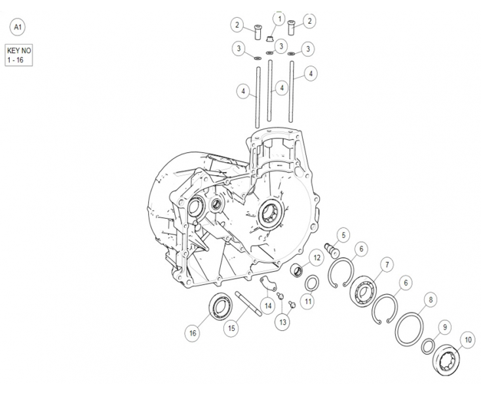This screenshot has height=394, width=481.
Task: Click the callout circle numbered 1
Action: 280,19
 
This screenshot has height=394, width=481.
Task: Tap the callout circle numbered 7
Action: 387,265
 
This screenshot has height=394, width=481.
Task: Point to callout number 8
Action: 430,299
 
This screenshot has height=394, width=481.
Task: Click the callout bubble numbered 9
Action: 445,327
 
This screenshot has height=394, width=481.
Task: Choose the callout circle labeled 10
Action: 467,340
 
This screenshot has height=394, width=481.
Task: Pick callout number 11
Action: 309,301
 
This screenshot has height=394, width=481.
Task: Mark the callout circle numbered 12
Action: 316,259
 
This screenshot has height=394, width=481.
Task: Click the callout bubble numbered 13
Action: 282,322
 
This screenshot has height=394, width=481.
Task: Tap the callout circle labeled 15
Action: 231,328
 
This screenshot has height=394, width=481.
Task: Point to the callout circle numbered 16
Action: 193,333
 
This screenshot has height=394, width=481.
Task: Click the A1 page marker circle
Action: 16,28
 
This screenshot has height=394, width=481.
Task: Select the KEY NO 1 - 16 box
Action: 18,55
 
